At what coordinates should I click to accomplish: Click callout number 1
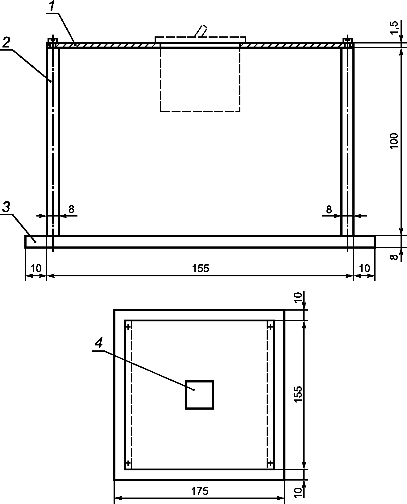point(53,6)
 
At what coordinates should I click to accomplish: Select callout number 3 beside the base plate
point(6,207)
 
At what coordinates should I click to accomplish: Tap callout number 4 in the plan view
point(99,343)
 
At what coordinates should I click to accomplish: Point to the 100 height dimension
point(394,142)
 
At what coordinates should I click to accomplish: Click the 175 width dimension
point(200,491)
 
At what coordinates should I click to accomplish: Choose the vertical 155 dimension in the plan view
point(298,394)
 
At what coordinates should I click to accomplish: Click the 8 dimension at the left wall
point(71,209)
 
